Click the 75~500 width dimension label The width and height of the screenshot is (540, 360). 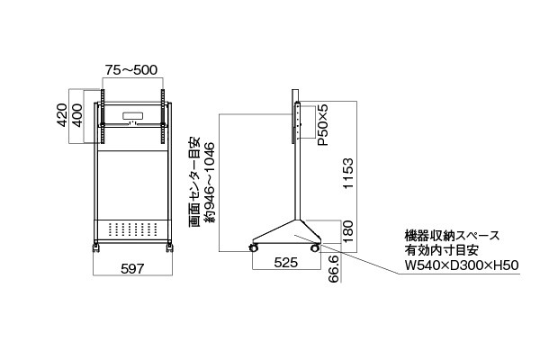[x=131, y=70]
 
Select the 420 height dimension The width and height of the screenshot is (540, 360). [x=62, y=115]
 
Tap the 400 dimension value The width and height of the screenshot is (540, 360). [x=77, y=116]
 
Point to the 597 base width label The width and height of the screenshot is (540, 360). [x=132, y=268]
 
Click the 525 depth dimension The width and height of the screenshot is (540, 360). [x=285, y=263]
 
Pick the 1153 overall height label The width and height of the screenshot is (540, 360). [x=348, y=174]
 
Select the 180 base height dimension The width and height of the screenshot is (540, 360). [x=348, y=232]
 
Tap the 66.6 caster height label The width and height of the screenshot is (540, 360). [x=334, y=269]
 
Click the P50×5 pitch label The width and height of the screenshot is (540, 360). [x=323, y=125]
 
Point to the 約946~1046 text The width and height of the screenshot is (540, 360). [x=210, y=182]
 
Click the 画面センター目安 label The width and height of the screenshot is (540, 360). [x=194, y=182]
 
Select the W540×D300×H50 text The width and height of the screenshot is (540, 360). [x=462, y=265]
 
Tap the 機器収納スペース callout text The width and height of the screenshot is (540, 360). [x=452, y=236]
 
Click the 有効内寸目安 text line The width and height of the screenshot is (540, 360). [x=442, y=250]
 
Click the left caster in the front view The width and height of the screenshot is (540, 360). [x=95, y=247]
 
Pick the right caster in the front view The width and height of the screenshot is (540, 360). [x=169, y=247]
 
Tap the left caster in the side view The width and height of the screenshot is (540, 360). [x=254, y=247]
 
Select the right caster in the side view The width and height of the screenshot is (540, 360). [x=314, y=247]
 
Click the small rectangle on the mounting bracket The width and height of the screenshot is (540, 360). [x=132, y=116]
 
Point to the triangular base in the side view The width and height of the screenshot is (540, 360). [x=287, y=233]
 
